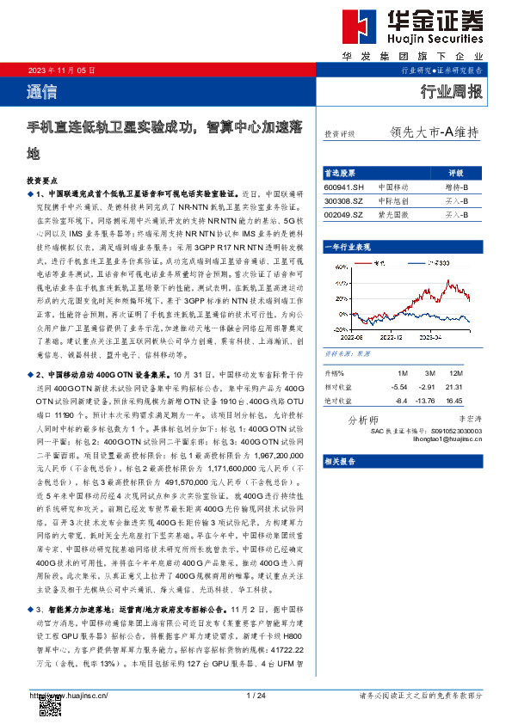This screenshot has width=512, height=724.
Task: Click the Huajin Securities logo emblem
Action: (x=355, y=28)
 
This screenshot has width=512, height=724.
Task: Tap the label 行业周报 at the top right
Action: (x=451, y=92)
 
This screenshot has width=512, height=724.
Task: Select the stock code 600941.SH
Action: (x=345, y=187)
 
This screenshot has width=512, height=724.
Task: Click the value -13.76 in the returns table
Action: (x=428, y=400)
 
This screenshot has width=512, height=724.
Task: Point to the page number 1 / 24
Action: (x=255, y=695)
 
